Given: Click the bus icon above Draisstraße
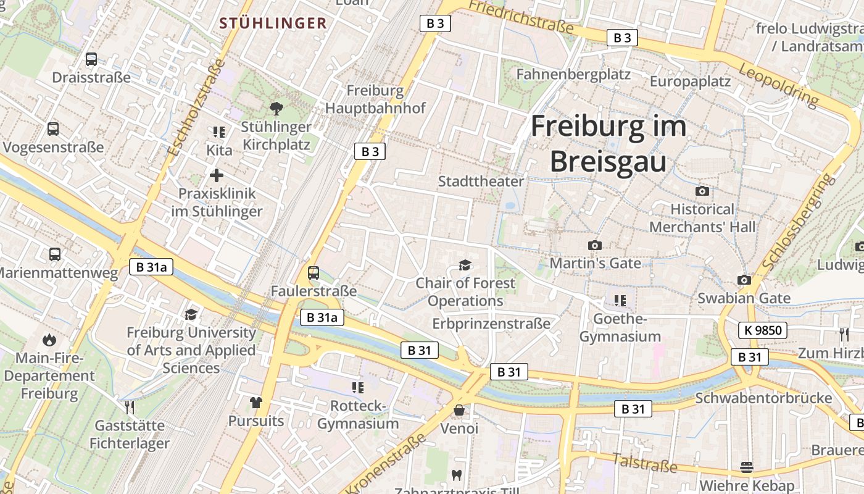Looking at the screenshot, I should (91, 59).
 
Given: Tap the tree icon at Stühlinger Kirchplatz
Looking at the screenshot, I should (276, 109).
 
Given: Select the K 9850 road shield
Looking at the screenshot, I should (763, 330).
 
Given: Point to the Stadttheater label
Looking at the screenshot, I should (481, 182).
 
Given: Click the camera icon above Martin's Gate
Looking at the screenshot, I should (594, 245).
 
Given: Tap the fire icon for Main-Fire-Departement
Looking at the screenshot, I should (49, 340).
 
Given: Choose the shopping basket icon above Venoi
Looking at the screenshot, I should (459, 410).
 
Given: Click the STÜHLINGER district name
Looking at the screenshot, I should (273, 23).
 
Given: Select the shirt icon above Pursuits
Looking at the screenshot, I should (256, 403).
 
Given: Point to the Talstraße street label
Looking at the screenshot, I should (644, 462).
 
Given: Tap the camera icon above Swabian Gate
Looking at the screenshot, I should (744, 280).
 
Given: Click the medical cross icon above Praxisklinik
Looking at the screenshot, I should (217, 175).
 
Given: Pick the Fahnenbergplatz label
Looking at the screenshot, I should (573, 75).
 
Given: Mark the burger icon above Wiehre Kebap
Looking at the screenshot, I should (747, 467).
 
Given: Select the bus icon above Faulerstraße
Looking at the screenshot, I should (314, 273).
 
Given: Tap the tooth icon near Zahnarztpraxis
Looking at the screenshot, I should (457, 475).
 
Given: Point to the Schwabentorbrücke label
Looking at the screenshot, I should (763, 398).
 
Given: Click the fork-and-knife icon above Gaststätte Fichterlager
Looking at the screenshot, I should (130, 407).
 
